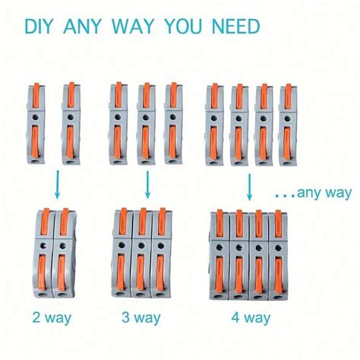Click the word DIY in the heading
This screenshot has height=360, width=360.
tap(41, 27)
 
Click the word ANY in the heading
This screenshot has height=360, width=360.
tap(85, 27)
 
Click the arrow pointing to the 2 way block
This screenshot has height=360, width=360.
tap(55, 182)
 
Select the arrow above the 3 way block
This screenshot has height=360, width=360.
tap(147, 182)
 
